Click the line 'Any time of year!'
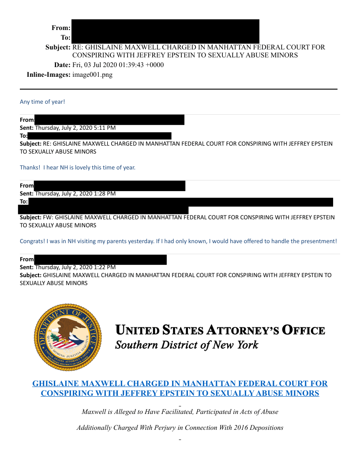[42, 102]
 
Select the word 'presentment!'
[319, 241]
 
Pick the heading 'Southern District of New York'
[187, 345]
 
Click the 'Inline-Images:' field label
[49, 75]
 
